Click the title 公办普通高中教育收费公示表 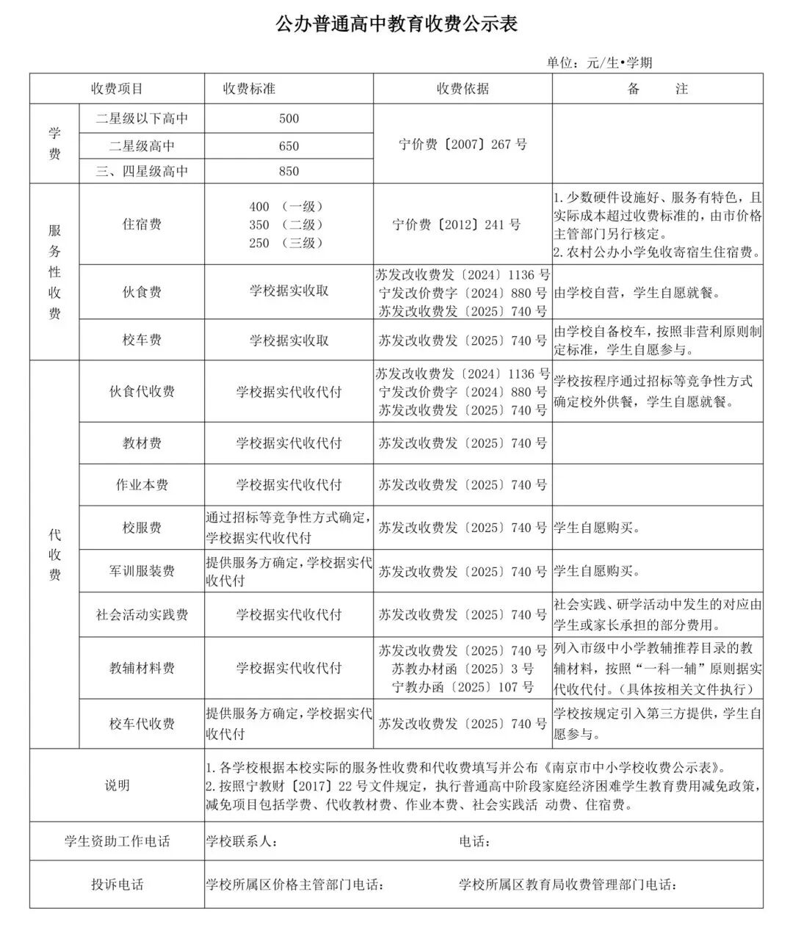pyautogui.click(x=396, y=24)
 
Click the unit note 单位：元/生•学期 pyautogui.click(x=598, y=62)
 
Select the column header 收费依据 pyautogui.click(x=463, y=89)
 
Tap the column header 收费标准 pyautogui.click(x=249, y=89)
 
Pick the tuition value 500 pyautogui.click(x=289, y=118)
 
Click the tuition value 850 pyautogui.click(x=289, y=171)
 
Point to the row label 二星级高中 pyautogui.click(x=142, y=145)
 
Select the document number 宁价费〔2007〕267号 pyautogui.click(x=463, y=144)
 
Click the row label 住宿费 pyautogui.click(x=142, y=225)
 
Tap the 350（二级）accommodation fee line pyautogui.click(x=286, y=225)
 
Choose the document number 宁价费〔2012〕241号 pyautogui.click(x=457, y=225)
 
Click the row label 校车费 pyautogui.click(x=142, y=340)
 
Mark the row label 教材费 pyautogui.click(x=142, y=443)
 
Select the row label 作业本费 pyautogui.click(x=142, y=484)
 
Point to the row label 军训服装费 pyautogui.click(x=142, y=570)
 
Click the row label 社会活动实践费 pyautogui.click(x=142, y=614)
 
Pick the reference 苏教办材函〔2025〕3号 pyautogui.click(x=463, y=669)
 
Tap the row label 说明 pyautogui.click(x=117, y=785)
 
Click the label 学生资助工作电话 pyautogui.click(x=117, y=841)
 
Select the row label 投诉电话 pyautogui.click(x=117, y=884)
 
